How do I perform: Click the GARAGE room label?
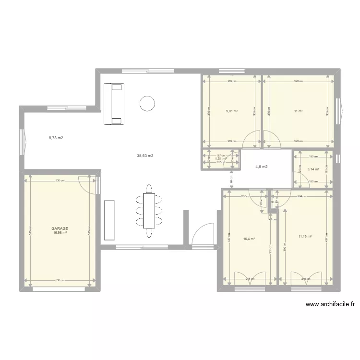(x=60, y=229)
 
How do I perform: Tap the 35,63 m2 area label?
(x=145, y=156)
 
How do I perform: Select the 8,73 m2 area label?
(x=56, y=138)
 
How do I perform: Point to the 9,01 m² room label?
(x=232, y=111)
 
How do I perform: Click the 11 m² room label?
(x=298, y=111)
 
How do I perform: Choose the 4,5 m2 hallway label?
(x=262, y=167)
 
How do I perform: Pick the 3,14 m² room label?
(x=313, y=169)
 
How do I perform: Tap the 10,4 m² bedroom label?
(x=249, y=239)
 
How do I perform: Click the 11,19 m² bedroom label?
(x=305, y=236)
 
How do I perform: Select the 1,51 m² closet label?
(x=220, y=159)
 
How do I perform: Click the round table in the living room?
(x=147, y=103)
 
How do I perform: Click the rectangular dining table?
(x=149, y=210)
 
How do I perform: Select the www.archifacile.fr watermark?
(x=330, y=304)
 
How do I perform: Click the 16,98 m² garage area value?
(x=60, y=233)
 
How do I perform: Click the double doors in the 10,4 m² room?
(x=249, y=278)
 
